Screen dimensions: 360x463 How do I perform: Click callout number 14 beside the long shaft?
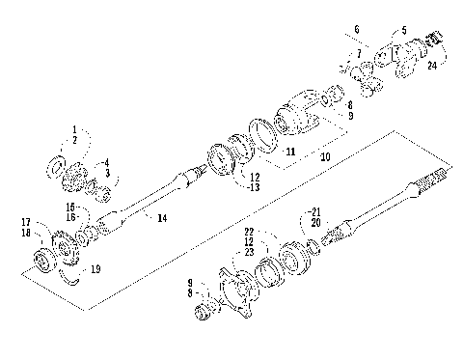point(161,218)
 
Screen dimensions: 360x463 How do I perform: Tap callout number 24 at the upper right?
point(431,66)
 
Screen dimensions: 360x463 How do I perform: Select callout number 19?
point(94,269)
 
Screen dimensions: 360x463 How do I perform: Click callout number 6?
point(357,29)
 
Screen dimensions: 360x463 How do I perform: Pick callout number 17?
point(26,222)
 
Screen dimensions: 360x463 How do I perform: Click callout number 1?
point(73,128)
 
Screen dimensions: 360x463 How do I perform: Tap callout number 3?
point(108,173)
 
